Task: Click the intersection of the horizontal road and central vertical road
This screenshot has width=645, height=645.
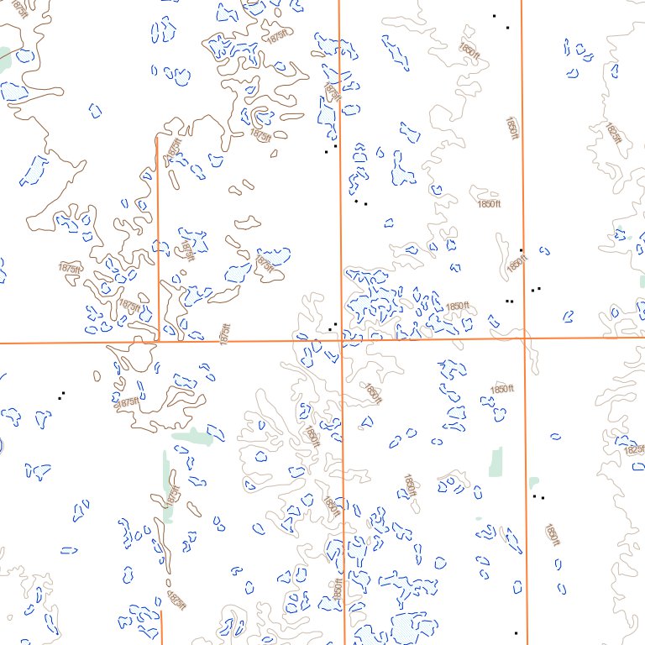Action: (x=342, y=340)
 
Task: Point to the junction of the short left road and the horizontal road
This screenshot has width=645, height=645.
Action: (x=159, y=341)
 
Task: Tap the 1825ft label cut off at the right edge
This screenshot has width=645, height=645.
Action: (x=633, y=449)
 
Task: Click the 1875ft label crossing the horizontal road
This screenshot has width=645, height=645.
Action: (x=224, y=334)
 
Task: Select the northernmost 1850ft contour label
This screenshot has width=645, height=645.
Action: (x=469, y=50)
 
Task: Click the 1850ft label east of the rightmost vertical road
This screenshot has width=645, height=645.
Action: (x=552, y=535)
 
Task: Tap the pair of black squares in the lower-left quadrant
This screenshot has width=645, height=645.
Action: (x=61, y=395)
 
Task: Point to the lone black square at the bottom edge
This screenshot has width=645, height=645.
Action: (x=516, y=632)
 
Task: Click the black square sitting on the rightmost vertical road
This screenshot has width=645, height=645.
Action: (x=522, y=250)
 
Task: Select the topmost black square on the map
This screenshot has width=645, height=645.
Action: (x=494, y=16)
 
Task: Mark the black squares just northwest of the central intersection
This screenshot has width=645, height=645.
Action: (x=333, y=325)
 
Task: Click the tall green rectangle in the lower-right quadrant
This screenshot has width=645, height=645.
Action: (x=496, y=460)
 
